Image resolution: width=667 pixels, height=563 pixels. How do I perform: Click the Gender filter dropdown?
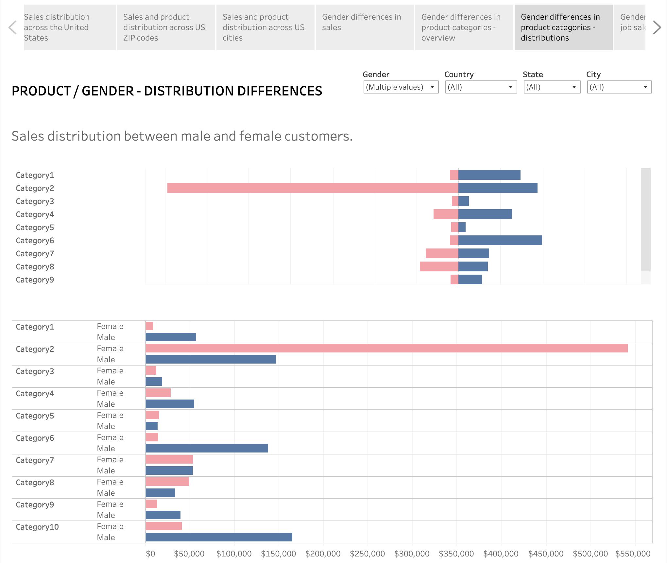[x=401, y=87]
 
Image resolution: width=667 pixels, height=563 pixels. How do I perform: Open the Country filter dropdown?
[x=481, y=87]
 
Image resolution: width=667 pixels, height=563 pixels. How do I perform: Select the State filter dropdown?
[x=552, y=87]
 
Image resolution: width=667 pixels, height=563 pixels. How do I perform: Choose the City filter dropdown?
[x=619, y=87]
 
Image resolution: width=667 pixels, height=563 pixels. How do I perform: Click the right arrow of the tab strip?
[x=657, y=27]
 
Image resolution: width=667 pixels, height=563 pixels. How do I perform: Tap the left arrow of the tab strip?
[x=12, y=27]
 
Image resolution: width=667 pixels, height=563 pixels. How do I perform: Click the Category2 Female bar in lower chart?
[x=386, y=348]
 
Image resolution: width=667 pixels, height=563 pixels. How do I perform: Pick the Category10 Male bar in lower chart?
[x=219, y=537]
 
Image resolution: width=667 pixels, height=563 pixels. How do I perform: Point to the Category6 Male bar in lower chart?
[x=207, y=448]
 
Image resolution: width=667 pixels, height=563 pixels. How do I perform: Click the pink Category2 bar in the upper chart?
[x=313, y=188]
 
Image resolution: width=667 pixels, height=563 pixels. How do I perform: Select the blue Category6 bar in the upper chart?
[x=500, y=240]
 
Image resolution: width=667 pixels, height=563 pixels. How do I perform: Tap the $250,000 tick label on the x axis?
[x=367, y=554]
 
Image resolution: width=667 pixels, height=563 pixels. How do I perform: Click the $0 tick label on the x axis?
[x=150, y=554]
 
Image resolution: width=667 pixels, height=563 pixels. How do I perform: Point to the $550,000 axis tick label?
[x=633, y=554]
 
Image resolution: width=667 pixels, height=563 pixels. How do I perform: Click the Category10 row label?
[x=37, y=527]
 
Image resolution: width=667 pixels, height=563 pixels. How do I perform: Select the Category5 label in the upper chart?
[x=35, y=227]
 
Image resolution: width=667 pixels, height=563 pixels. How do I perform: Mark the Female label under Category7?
[x=110, y=459]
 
